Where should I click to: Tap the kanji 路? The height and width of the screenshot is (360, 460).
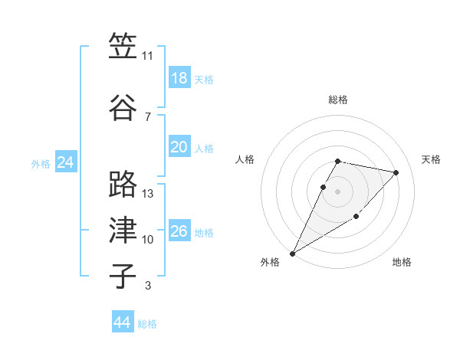[x=123, y=185]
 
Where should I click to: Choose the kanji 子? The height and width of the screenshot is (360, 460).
[x=123, y=277]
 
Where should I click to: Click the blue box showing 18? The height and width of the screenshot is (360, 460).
[x=179, y=78]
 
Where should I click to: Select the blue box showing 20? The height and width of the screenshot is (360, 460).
[x=179, y=147]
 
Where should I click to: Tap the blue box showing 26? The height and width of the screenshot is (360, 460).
[x=179, y=231]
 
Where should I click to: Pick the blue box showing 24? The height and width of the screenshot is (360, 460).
[x=66, y=162]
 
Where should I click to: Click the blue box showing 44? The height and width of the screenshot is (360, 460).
[x=123, y=322]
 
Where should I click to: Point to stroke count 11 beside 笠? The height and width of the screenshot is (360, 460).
[x=148, y=56]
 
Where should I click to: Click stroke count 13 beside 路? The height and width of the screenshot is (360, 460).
[x=148, y=193]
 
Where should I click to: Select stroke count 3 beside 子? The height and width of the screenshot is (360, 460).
[x=148, y=286]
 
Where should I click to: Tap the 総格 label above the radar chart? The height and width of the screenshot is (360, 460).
[x=338, y=100]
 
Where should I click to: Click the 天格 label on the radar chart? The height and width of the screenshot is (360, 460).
[x=432, y=159]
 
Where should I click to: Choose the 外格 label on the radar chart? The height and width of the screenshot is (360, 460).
[x=270, y=262]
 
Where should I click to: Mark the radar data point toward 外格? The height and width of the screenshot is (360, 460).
[x=292, y=253]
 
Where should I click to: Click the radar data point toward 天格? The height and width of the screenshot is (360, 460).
[x=396, y=172]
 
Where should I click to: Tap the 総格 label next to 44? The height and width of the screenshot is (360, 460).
[x=147, y=324]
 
